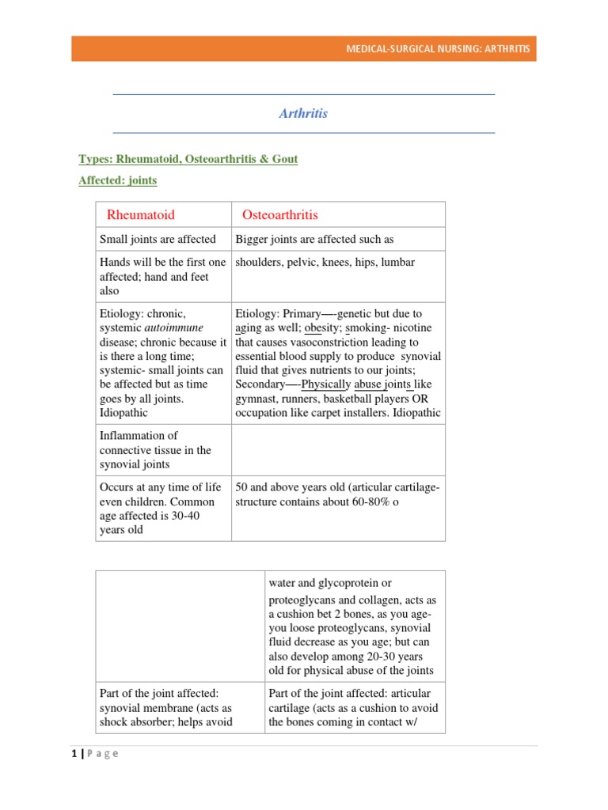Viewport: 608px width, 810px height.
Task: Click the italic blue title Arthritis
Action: coord(303,113)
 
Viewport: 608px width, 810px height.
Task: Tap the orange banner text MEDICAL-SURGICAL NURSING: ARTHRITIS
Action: coord(438,50)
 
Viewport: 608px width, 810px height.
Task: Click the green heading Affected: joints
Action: coord(118,180)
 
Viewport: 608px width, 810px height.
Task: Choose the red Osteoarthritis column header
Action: coord(280,215)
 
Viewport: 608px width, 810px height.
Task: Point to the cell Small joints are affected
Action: coord(158,240)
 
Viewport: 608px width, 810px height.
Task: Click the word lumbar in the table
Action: coord(397,263)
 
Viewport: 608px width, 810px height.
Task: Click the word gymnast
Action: coord(257,399)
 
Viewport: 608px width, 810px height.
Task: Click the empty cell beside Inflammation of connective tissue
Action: coord(338,449)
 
